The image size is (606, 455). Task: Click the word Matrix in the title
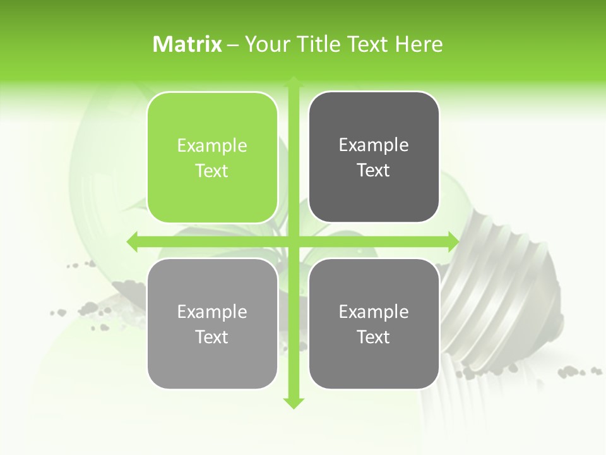pos(187,44)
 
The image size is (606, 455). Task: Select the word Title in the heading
pos(318,44)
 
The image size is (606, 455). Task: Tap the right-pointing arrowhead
pos(453,241)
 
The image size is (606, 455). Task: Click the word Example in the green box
pos(212,146)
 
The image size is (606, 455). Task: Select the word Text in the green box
pos(212,171)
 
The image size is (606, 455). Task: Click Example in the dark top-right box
pos(374,145)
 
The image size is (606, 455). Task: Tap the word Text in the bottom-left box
pos(212,337)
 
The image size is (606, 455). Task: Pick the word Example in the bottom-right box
pos(374,312)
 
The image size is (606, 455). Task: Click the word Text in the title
pos(369,44)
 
